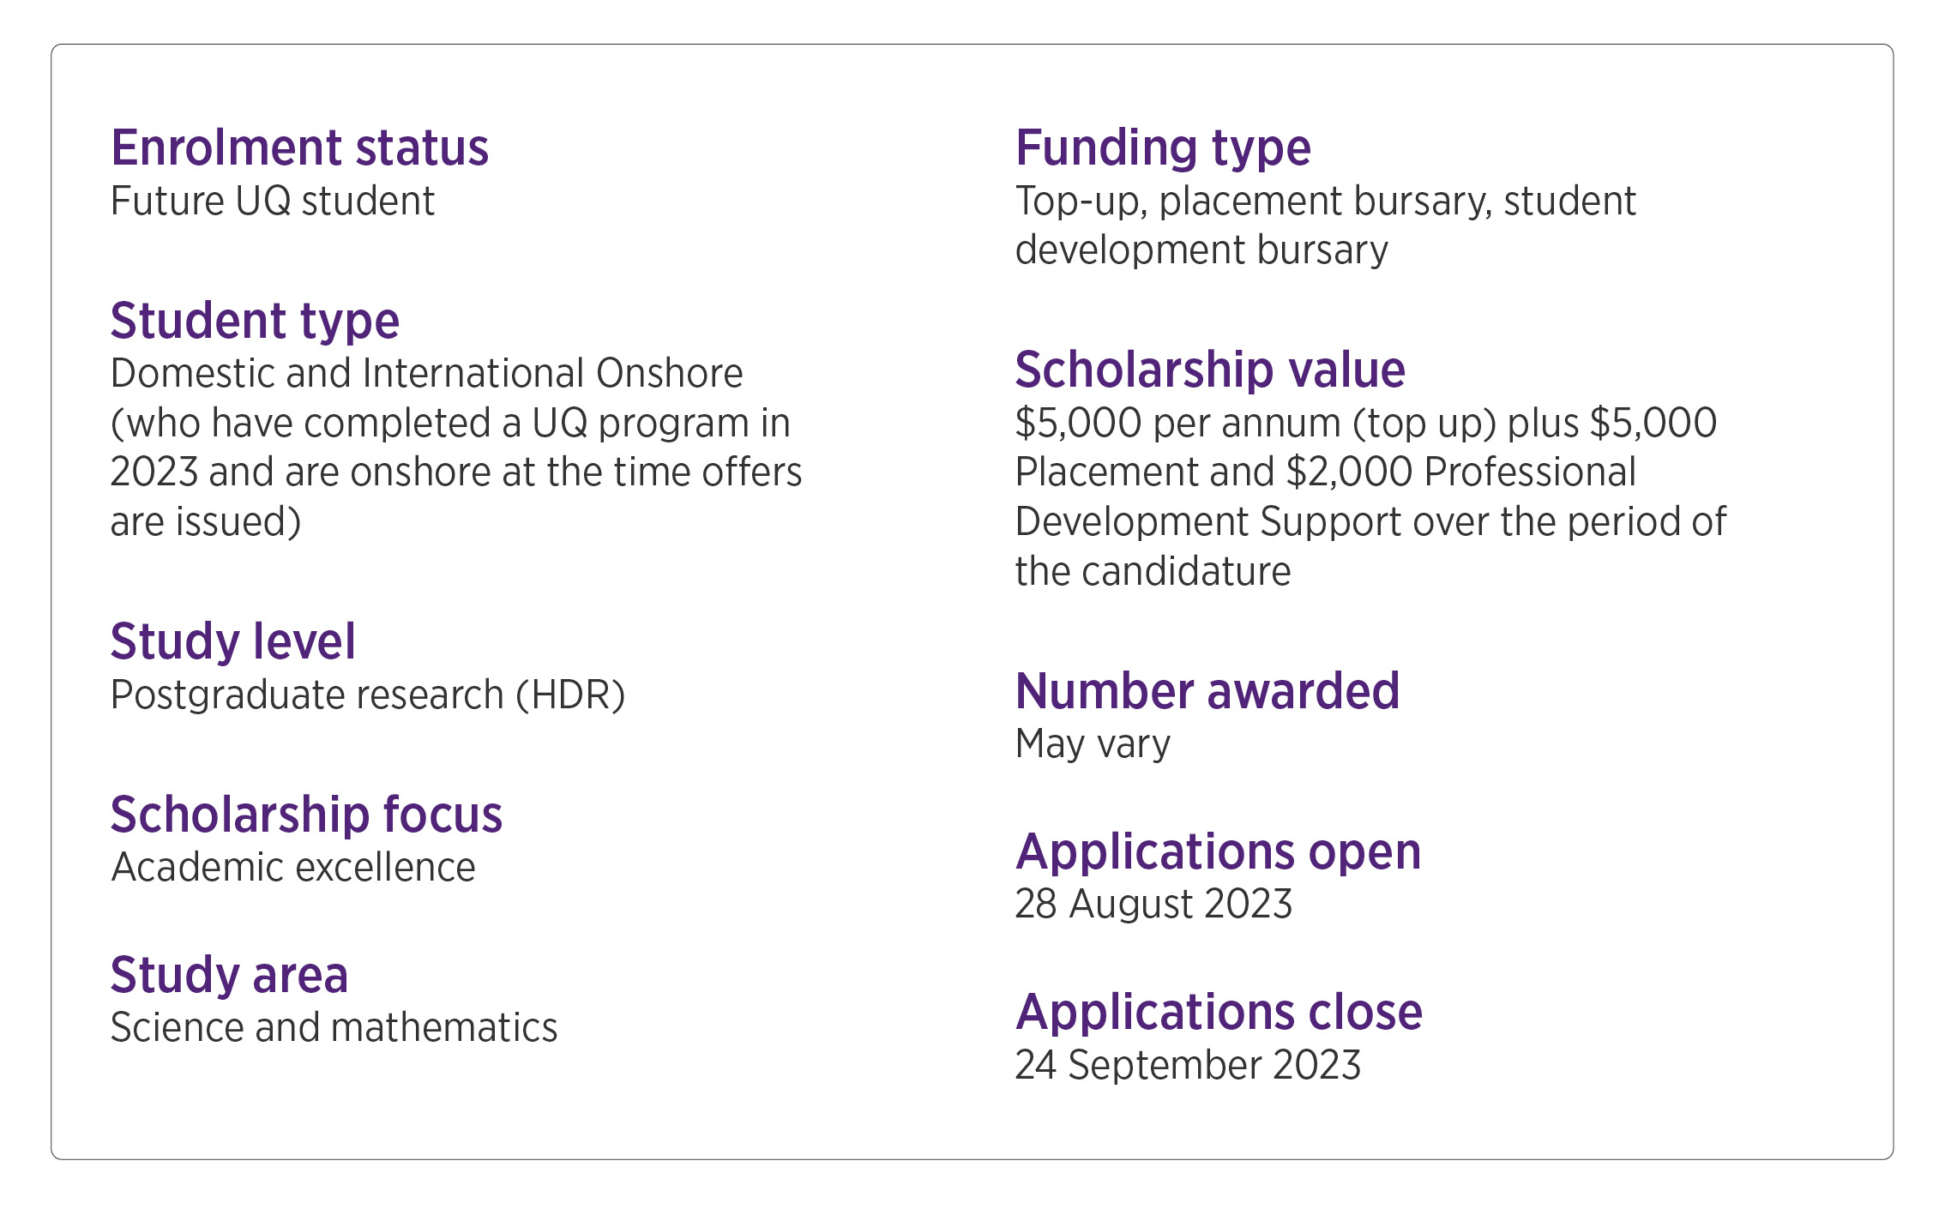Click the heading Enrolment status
click(x=299, y=148)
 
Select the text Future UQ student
click(x=273, y=202)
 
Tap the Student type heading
click(x=255, y=322)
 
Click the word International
click(x=473, y=374)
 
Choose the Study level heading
click(x=232, y=642)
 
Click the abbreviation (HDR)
click(x=570, y=695)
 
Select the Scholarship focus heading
click(x=306, y=815)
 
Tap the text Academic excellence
click(x=293, y=868)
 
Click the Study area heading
click(x=229, y=976)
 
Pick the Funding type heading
click(x=1163, y=148)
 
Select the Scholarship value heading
click(x=1210, y=370)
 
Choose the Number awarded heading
click(x=1207, y=691)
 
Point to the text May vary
click(x=1093, y=744)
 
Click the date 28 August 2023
click(x=1153, y=905)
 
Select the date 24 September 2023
click(x=1188, y=1066)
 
